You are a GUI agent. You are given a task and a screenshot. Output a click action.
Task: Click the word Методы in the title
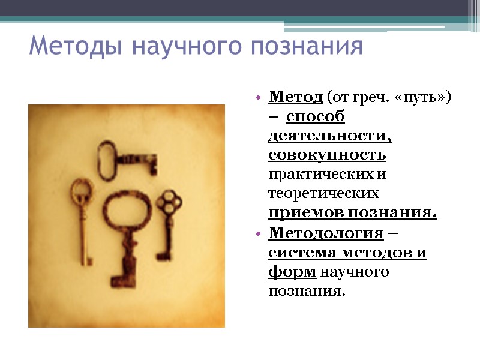pyautogui.click(x=72, y=46)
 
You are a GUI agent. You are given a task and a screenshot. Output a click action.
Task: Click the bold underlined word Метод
pyautogui.click(x=296, y=97)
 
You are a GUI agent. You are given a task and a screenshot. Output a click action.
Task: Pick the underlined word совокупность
pyautogui.click(x=327, y=155)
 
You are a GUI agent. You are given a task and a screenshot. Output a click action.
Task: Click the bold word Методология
pyautogui.click(x=325, y=233)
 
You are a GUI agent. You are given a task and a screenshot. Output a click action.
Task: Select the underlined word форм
pyautogui.click(x=292, y=272)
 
